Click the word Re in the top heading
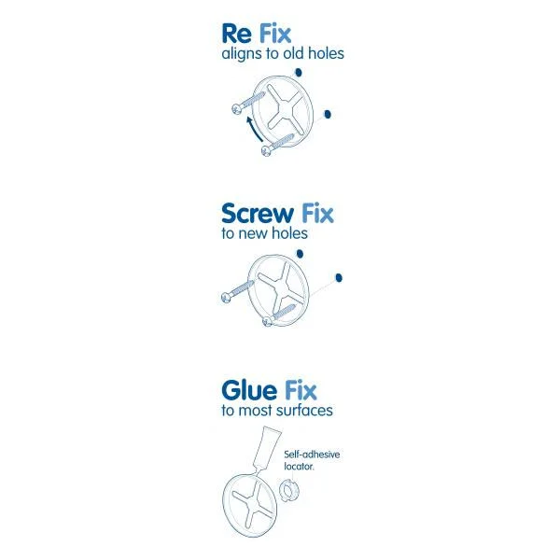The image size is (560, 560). tap(236, 34)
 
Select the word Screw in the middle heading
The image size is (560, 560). tap(258, 213)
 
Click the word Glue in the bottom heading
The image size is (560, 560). tap(247, 389)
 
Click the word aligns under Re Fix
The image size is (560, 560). tap(242, 54)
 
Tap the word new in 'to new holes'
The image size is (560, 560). tap(256, 233)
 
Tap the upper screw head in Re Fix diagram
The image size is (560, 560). tap(235, 109)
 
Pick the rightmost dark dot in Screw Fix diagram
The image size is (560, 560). tap(339, 276)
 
